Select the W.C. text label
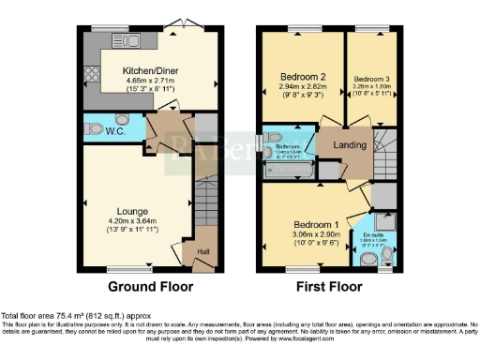coord(92,130)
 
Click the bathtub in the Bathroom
coord(284,170)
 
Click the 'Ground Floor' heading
coord(144,286)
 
